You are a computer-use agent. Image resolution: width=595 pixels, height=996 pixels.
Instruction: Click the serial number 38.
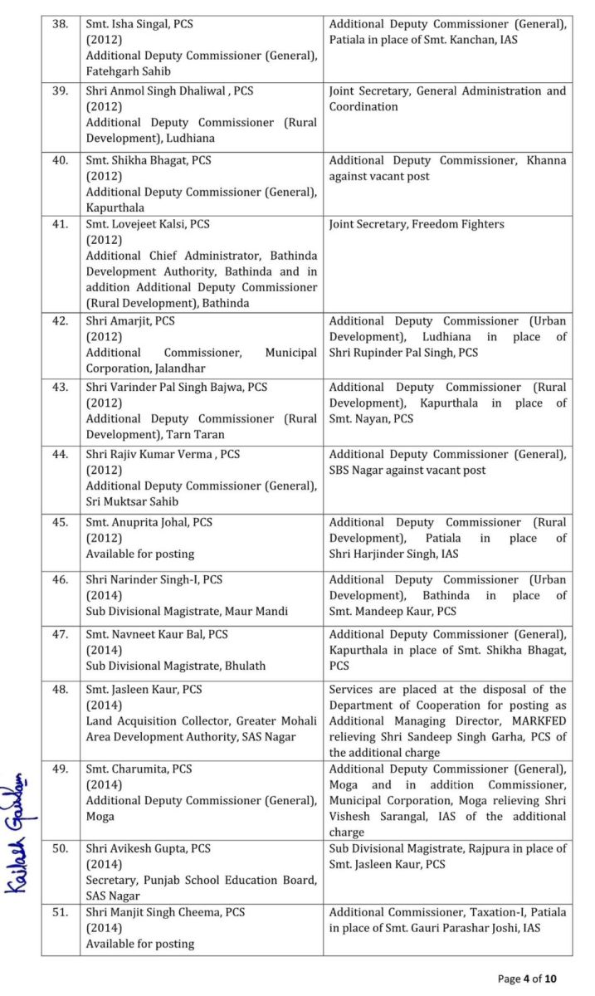click(x=60, y=24)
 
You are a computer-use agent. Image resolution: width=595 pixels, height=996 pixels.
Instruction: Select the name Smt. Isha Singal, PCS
click(x=139, y=24)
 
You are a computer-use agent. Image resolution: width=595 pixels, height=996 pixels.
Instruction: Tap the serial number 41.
click(x=60, y=224)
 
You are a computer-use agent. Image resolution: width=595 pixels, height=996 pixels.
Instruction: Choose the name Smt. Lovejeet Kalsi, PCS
click(x=148, y=224)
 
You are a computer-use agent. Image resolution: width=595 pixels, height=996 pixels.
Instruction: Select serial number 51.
click(x=60, y=912)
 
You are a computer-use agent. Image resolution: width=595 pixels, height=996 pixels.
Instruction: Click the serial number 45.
click(x=60, y=522)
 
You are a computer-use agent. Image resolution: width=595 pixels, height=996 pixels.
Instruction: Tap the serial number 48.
click(x=60, y=689)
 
